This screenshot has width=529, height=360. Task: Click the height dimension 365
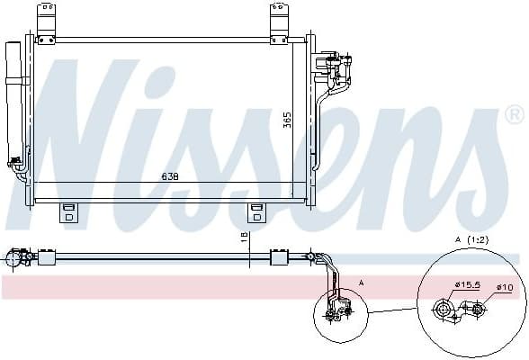coord(287,120)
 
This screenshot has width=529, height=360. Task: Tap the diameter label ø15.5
coord(467,285)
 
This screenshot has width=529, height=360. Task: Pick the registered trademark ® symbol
coord(514,115)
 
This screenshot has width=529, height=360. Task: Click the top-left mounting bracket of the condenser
coord(46,22)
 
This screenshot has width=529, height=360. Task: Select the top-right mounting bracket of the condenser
coord(281,22)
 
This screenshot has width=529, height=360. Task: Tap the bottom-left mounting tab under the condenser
coord(68,213)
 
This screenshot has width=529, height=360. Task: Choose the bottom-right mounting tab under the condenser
coord(258,213)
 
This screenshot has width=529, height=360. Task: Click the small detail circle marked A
coord(337,311)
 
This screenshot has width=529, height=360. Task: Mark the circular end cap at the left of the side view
coord(13,258)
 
